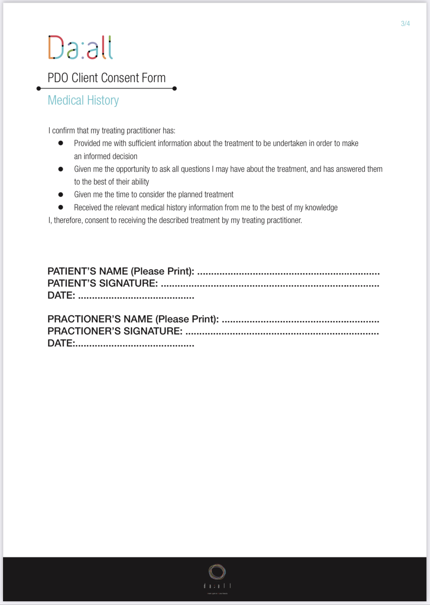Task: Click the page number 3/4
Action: tap(405, 23)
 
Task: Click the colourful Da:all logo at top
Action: tap(80, 48)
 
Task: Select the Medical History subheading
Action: tap(83, 100)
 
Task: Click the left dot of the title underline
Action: tap(39, 89)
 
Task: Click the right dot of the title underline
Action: tap(174, 89)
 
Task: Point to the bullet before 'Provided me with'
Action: tap(61, 143)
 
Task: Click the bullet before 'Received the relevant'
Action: tap(61, 207)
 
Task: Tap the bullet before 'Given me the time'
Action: tap(61, 194)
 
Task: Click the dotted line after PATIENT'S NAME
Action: tap(288, 273)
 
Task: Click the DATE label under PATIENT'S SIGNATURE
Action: tap(61, 295)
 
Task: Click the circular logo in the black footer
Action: tap(217, 572)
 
